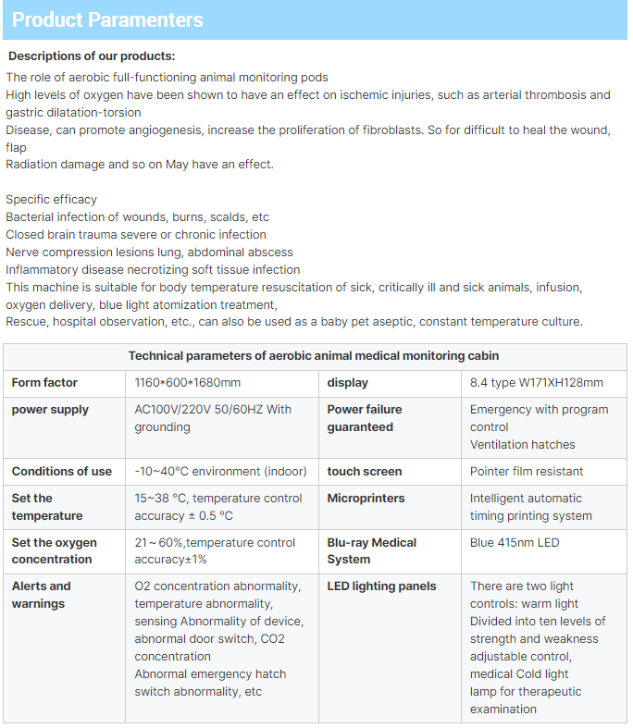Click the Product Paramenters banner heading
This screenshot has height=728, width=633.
click(x=107, y=20)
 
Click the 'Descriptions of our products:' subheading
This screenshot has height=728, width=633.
click(x=92, y=56)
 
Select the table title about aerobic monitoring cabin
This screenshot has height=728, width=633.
click(x=314, y=356)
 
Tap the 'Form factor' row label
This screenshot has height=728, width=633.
click(x=44, y=383)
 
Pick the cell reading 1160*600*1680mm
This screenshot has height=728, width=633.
click(x=188, y=383)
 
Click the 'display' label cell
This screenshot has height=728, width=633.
click(x=347, y=383)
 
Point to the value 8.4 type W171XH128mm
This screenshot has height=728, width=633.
click(x=537, y=383)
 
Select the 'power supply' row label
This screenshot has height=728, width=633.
click(x=51, y=410)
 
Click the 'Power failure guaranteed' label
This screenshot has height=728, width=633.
click(x=365, y=418)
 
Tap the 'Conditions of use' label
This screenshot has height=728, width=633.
click(x=62, y=472)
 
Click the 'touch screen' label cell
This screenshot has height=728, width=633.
click(x=365, y=472)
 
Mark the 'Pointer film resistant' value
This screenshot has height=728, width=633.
click(x=527, y=472)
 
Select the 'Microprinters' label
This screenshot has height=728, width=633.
click(x=367, y=499)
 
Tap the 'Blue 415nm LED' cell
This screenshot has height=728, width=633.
click(x=515, y=543)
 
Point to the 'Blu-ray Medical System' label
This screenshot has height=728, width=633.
click(x=371, y=551)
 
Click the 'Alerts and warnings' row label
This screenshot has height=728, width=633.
click(x=42, y=595)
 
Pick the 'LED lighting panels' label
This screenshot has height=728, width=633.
click(x=381, y=586)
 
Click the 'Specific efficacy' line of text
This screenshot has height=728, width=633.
click(x=52, y=200)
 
